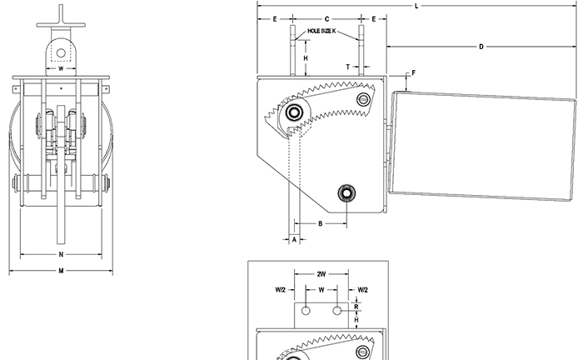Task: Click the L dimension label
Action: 416,6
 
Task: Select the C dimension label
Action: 326,17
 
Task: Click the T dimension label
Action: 347,65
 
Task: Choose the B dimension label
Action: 321,222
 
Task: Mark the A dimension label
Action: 294,239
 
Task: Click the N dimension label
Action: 61,254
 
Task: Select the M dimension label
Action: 61,271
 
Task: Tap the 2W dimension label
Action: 321,273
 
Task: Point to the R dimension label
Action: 356,307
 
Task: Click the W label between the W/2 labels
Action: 321,290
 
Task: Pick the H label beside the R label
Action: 356,320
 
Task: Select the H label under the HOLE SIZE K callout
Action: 305,57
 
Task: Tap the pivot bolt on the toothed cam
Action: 294,112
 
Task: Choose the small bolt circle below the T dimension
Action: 362,100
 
